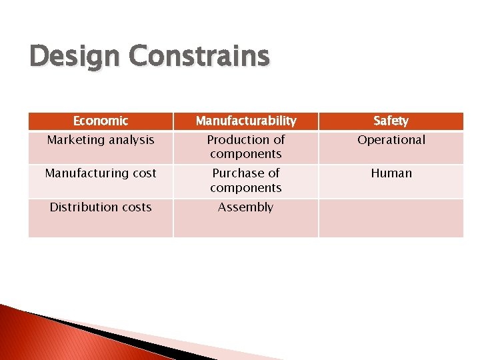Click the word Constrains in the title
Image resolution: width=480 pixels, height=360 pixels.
tap(199, 57)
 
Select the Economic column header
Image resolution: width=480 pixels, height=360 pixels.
tap(101, 121)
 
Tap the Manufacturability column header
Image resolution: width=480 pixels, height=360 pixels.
tap(246, 121)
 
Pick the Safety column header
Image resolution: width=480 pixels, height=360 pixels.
tap(391, 121)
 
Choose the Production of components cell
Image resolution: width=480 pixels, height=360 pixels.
tap(246, 147)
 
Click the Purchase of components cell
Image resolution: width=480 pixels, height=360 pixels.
tap(246, 181)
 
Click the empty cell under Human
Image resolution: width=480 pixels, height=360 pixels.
tap(391, 217)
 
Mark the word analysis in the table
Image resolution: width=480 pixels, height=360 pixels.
tap(131, 140)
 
